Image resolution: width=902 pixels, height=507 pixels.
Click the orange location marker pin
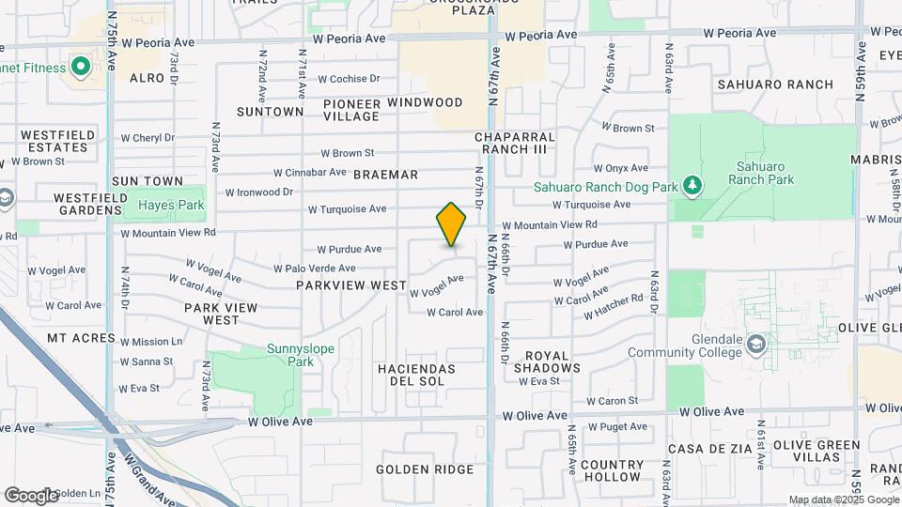point(451,224)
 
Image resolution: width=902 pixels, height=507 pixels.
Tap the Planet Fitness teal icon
point(80,68)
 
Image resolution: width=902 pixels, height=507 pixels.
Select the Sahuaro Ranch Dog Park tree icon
point(692,186)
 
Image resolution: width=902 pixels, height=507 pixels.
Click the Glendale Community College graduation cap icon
point(755,346)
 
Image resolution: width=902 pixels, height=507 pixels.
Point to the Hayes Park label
point(171,204)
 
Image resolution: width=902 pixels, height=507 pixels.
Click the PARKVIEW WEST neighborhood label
point(351,284)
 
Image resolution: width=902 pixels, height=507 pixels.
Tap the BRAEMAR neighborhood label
point(385,175)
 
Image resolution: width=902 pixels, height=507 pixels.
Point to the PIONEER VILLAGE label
point(351,109)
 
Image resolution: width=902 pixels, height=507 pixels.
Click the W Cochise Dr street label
point(349,79)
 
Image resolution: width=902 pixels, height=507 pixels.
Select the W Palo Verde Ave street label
point(316,269)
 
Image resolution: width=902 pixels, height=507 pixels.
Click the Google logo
point(31,495)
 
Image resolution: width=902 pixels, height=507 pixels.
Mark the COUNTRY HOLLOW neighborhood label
point(612,471)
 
